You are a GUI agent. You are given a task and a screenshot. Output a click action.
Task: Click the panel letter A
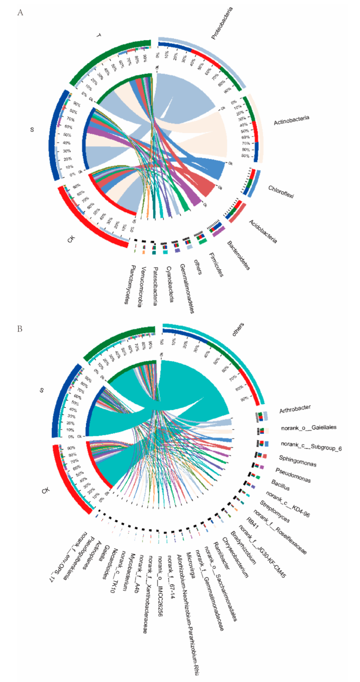pos(20,13)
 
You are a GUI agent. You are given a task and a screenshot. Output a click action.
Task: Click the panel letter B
pos(20,329)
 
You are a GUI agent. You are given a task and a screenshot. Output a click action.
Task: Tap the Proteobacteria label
pos(222,23)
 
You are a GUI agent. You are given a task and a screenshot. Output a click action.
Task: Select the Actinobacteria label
pos(291,120)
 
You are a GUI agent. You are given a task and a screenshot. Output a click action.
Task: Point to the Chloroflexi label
pos(281,191)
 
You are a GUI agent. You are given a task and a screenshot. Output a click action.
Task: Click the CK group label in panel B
pos(46,491)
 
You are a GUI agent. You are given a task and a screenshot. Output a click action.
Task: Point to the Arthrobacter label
pos(295,409)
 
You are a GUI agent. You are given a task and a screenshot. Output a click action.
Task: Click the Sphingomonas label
pos(298,461)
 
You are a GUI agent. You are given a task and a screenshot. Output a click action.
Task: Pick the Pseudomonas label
pos(293,475)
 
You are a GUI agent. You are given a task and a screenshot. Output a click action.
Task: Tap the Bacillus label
pos(280,485)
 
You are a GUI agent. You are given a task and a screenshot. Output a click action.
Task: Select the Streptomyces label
pos(275,512)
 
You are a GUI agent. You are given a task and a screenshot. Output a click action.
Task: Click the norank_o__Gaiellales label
pos(309,428)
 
